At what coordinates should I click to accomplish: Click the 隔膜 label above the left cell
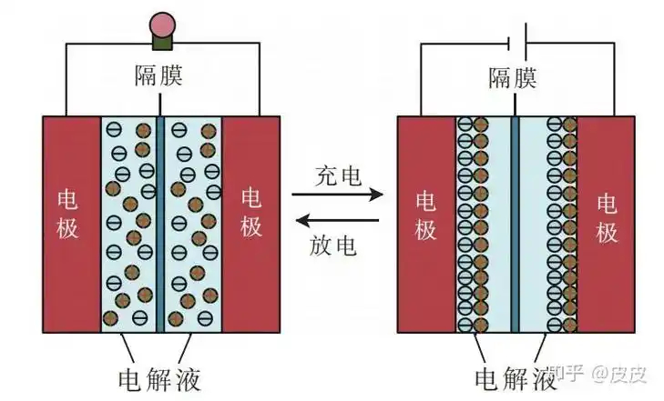[x=158, y=75]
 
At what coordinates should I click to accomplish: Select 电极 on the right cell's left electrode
[x=425, y=215]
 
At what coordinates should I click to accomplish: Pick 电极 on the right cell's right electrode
[x=607, y=215]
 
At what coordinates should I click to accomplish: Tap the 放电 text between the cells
[x=337, y=245]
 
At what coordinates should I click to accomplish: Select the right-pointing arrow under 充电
[x=337, y=195]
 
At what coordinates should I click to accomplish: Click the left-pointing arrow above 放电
[x=337, y=219]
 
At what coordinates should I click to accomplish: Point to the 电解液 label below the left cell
[x=158, y=377]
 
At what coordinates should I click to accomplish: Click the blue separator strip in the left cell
[x=159, y=223]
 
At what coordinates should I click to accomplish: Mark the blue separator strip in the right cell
[x=515, y=223]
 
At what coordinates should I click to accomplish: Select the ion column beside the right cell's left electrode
[x=472, y=223]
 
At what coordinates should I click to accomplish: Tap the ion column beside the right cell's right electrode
[x=560, y=223]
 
